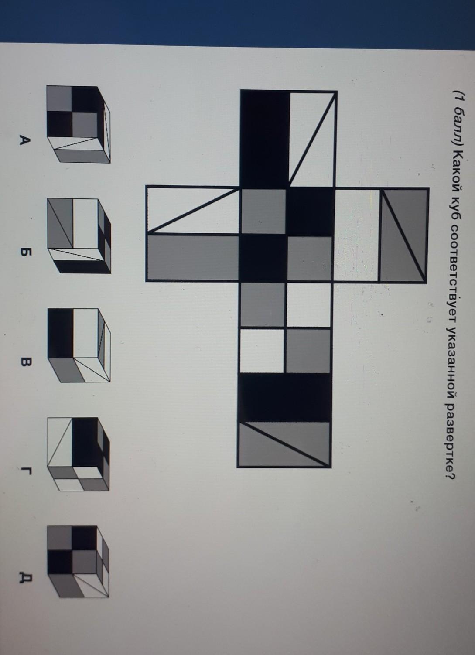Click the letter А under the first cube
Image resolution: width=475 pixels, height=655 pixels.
tap(25, 142)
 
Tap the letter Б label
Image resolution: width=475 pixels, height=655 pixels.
tap(25, 252)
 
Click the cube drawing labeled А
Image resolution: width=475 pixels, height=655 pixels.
tap(79, 124)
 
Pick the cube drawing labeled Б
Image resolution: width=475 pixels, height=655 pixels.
tap(79, 235)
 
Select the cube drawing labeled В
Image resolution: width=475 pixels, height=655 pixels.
tap(79, 345)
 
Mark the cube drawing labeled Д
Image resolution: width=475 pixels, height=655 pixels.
tap(79, 563)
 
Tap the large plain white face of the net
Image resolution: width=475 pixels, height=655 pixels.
tap(357, 235)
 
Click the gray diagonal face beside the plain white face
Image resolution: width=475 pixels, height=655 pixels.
tap(403, 235)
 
